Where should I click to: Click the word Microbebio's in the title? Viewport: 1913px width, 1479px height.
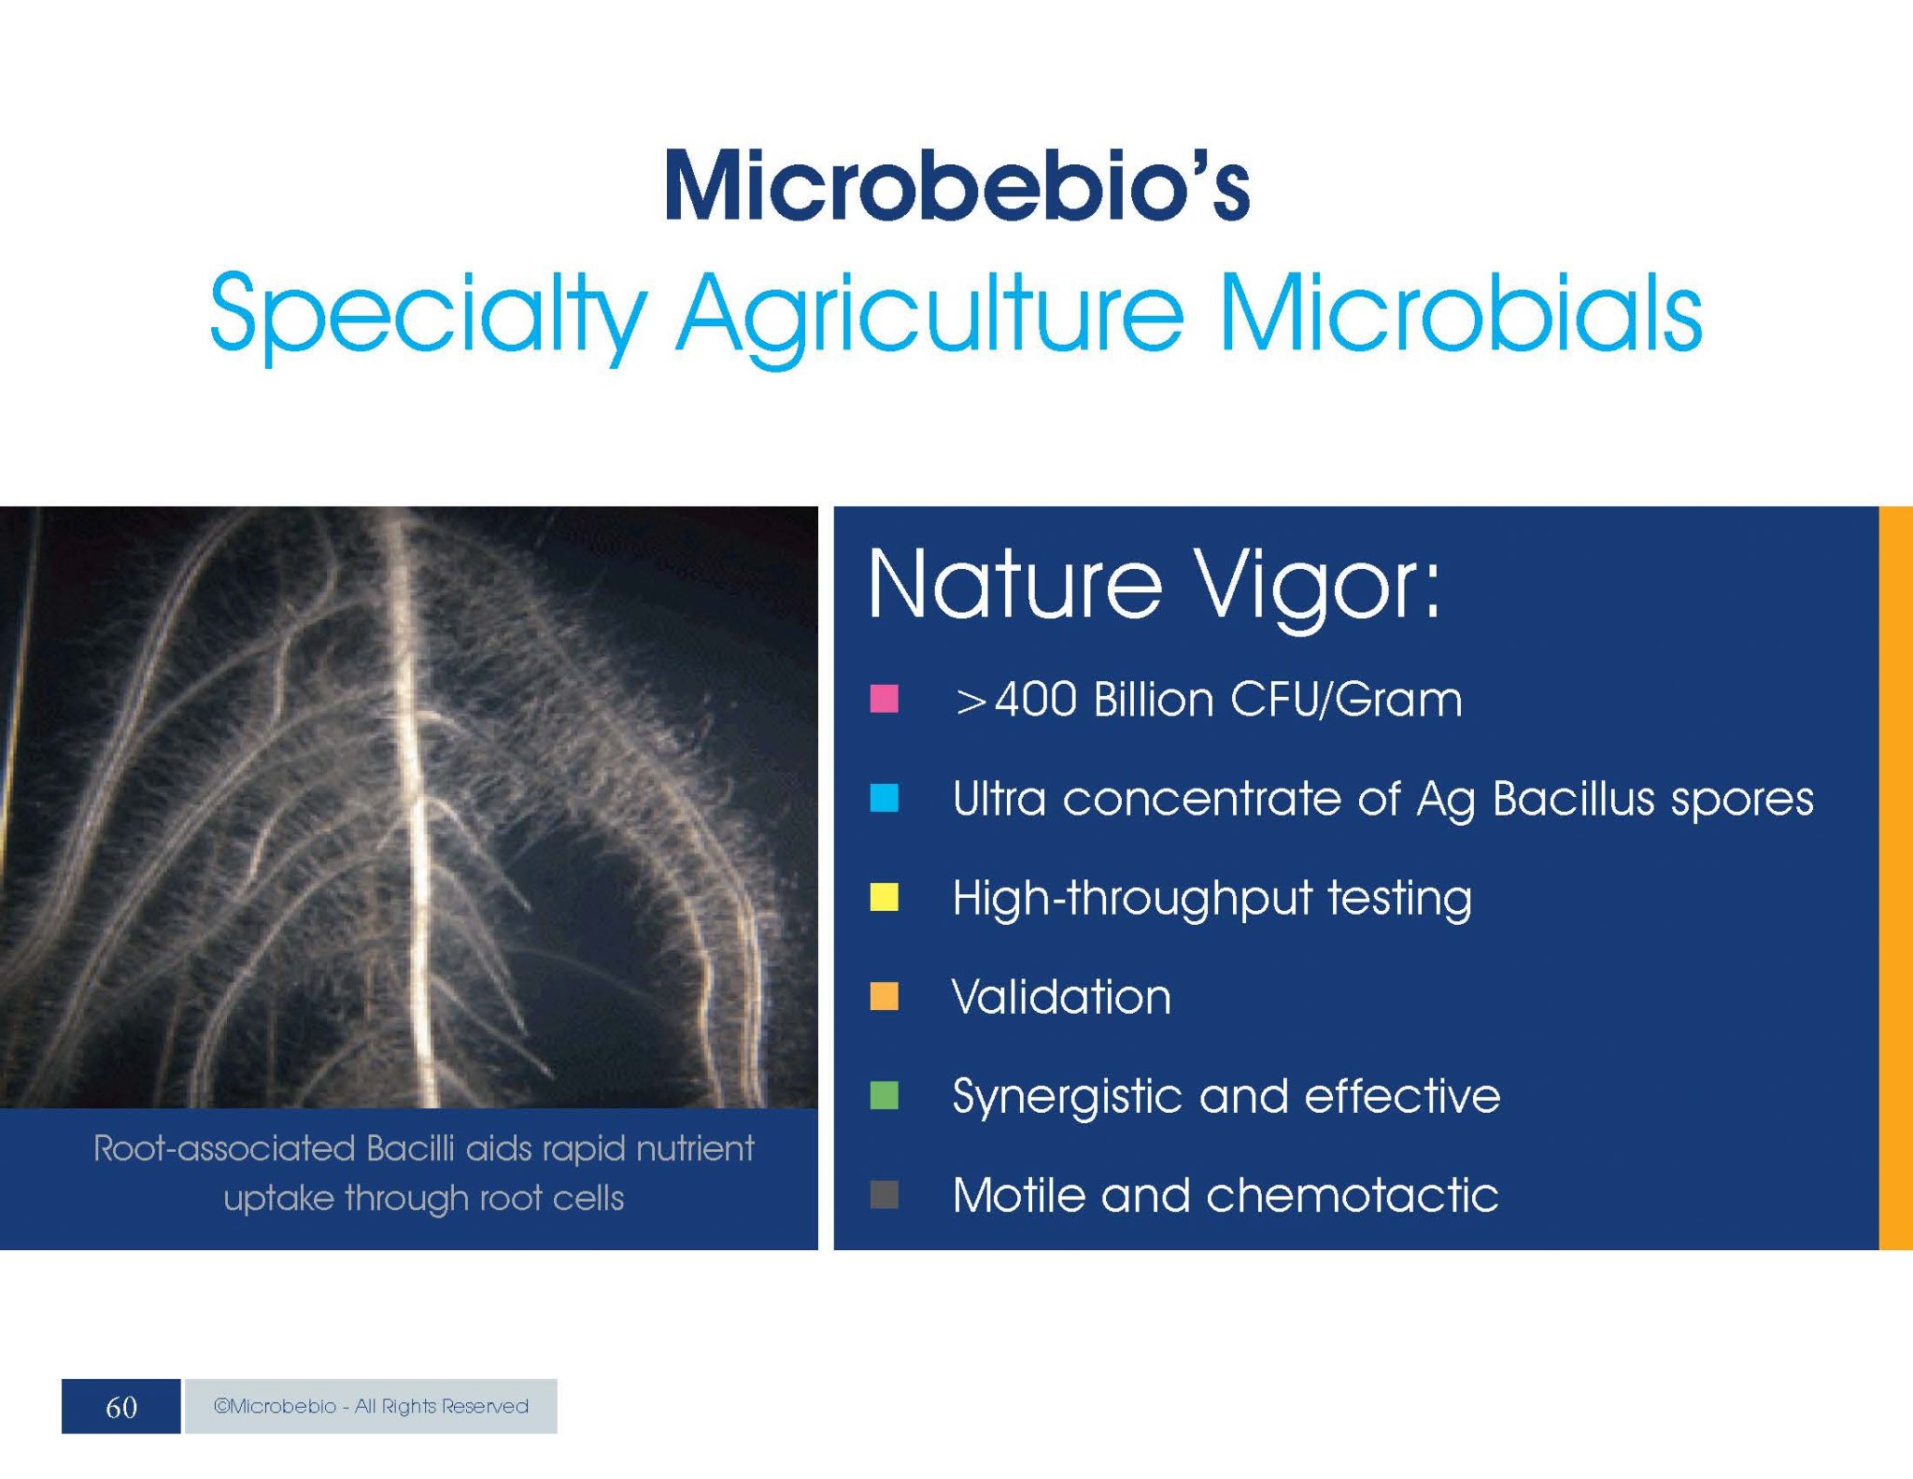click(957, 185)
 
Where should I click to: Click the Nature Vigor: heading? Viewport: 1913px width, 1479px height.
click(1155, 587)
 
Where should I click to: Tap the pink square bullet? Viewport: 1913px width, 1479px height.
click(884, 699)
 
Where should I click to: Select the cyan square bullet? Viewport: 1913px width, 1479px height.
click(884, 798)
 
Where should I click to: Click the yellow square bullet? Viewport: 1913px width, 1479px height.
click(884, 897)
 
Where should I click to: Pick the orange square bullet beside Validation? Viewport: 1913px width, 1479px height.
click(884, 996)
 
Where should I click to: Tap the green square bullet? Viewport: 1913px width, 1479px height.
click(884, 1095)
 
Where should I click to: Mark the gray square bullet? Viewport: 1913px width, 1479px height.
click(884, 1194)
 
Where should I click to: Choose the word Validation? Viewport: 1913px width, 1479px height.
click(1061, 997)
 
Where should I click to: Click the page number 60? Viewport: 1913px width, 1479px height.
click(121, 1407)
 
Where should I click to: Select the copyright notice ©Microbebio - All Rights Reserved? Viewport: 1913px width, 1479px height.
click(371, 1406)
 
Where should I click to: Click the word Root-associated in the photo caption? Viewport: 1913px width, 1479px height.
click(224, 1148)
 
